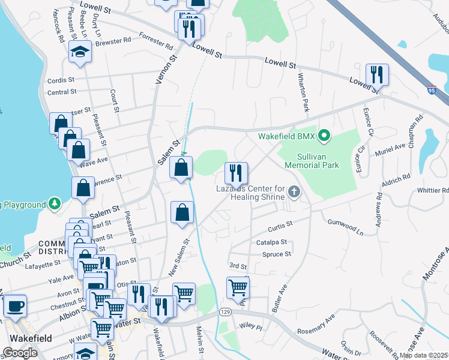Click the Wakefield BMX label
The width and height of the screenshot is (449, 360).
pos(286,136)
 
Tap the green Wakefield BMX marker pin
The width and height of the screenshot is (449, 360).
pos(325,136)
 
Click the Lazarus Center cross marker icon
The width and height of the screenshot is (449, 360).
pos(294,192)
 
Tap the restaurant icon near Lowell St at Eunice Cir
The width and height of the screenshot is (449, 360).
pos(377,75)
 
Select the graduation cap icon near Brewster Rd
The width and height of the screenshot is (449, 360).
pos(80,53)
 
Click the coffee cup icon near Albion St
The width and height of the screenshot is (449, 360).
pos(15,305)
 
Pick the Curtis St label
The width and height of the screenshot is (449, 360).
pos(280,224)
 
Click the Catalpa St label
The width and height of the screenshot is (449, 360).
pos(271,242)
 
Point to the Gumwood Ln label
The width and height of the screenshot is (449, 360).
pos(345,226)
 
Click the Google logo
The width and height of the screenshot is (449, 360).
pos(20,352)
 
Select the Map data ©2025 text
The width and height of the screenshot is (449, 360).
pos(423,355)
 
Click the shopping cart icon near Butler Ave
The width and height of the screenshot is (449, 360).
pos(238,288)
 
